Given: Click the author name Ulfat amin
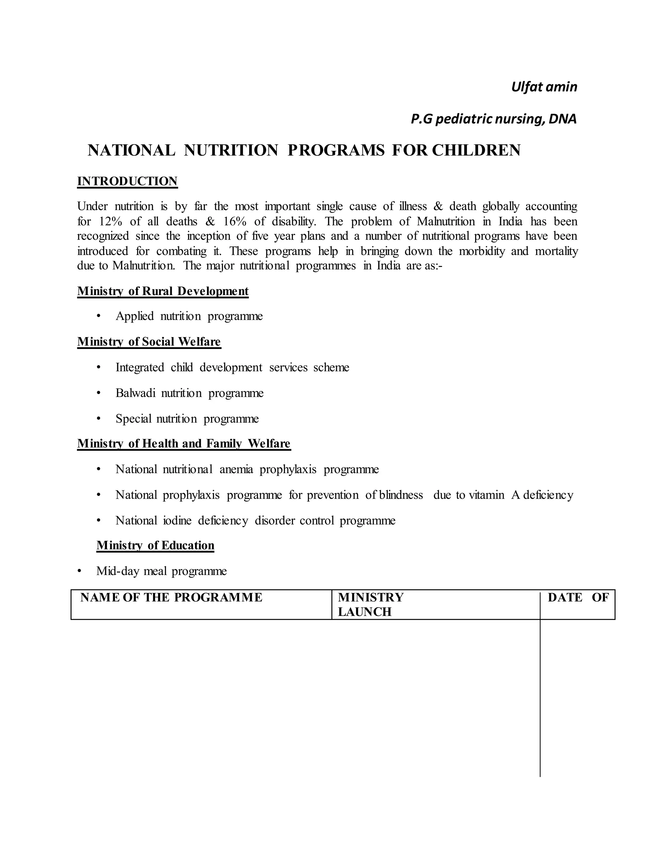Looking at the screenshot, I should [544, 87].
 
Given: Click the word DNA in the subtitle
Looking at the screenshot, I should [562, 119].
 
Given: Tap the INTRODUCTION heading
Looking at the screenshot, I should [127, 181].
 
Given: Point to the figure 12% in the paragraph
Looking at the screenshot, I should [110, 222].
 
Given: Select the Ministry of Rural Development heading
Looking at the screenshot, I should [163, 291].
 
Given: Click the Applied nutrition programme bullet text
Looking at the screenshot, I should [189, 316].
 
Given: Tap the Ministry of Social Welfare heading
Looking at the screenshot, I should [149, 342].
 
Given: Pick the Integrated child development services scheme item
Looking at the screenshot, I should [232, 367].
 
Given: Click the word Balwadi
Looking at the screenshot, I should [135, 393].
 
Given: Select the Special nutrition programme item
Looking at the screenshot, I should [187, 419].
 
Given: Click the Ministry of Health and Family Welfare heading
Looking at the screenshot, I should [184, 443].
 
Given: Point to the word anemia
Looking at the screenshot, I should [236, 470].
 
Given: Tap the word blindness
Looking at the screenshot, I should [401, 495].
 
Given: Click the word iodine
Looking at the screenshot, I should [177, 521].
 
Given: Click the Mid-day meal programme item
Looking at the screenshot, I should [161, 571].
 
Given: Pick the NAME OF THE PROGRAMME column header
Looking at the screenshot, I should [171, 597].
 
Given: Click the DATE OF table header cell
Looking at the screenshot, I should [578, 597].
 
